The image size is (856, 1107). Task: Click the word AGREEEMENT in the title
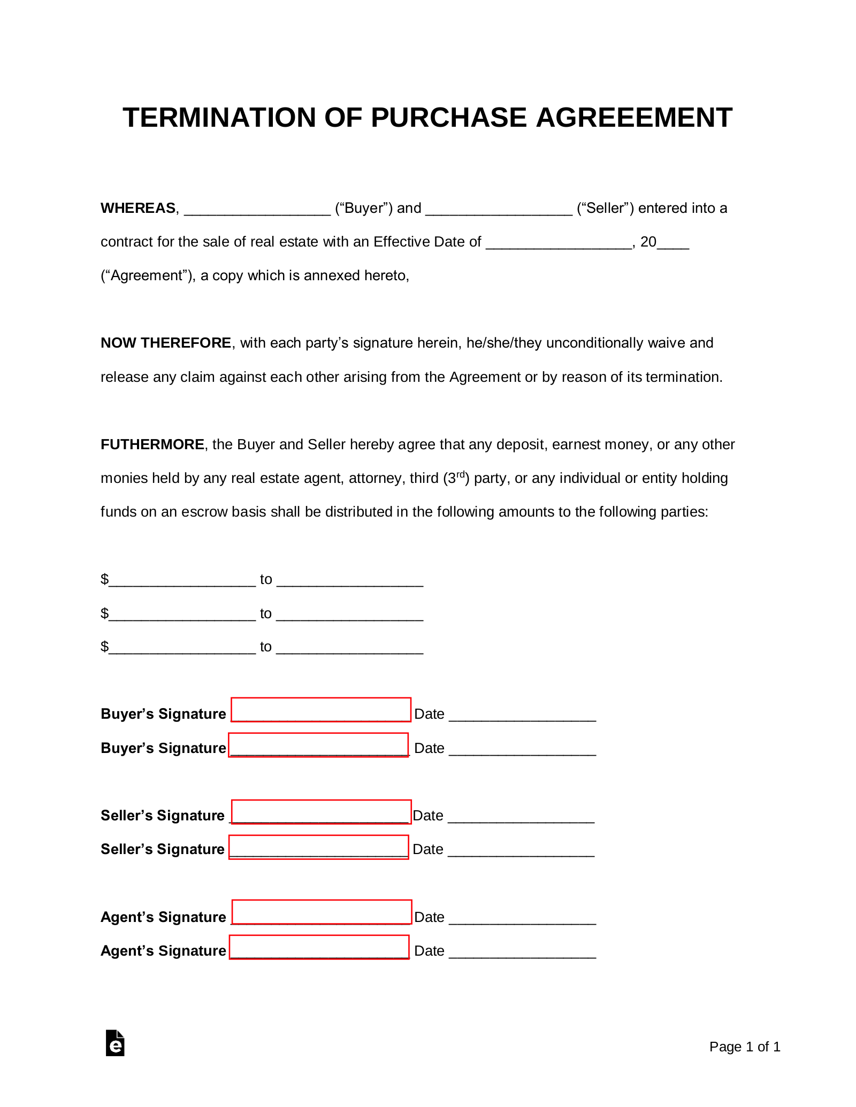point(633,118)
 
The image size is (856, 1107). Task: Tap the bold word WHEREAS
point(138,208)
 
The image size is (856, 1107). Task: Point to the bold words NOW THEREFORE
point(166,343)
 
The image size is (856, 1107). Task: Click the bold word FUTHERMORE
point(152,444)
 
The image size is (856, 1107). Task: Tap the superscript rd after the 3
point(460,474)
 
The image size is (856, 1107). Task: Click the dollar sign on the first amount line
point(104,579)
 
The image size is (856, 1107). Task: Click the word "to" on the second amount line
point(266,613)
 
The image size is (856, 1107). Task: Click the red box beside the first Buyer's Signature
point(321,710)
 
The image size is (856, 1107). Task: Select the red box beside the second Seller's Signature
point(319,847)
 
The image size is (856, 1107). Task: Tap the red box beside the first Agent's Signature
point(322,912)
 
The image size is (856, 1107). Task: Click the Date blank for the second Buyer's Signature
point(522,750)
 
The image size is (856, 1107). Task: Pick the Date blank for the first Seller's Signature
point(521,817)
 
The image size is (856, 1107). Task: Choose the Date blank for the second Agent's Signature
point(522,952)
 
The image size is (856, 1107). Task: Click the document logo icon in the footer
point(115,1043)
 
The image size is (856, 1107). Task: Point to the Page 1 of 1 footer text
point(745,1047)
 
